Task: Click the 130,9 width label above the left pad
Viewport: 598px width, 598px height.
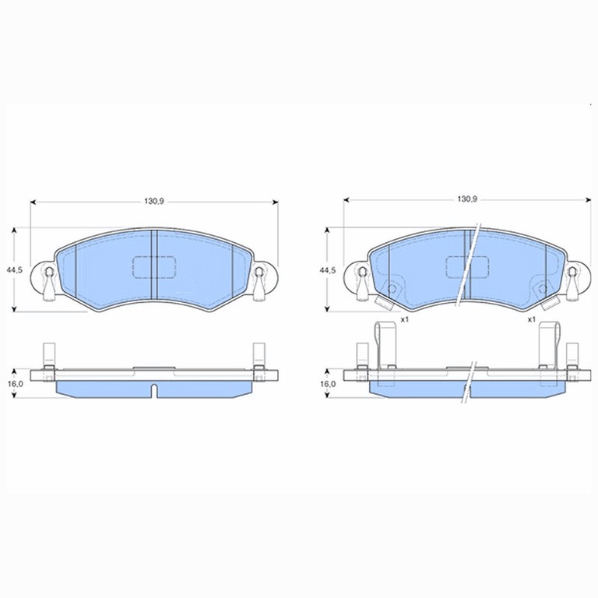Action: point(154,202)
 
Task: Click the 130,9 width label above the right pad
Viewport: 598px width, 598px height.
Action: point(467,199)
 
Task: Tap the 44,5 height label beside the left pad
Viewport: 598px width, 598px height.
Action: point(15,269)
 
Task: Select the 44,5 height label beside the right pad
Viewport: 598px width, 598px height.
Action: point(328,269)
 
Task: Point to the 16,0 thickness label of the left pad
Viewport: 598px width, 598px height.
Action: point(16,383)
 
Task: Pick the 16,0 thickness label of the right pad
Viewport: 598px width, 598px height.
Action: point(328,383)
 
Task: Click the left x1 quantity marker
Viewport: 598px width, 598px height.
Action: point(405,319)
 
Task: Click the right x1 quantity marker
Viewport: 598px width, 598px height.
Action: point(532,319)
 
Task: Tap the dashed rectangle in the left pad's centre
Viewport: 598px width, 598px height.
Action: point(154,267)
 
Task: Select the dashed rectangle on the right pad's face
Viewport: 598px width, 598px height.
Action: point(467,267)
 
